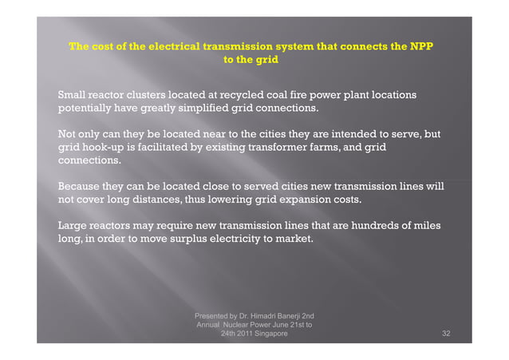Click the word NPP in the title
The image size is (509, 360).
point(418,45)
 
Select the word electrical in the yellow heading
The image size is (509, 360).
point(162,45)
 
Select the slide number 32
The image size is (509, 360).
point(446,334)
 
